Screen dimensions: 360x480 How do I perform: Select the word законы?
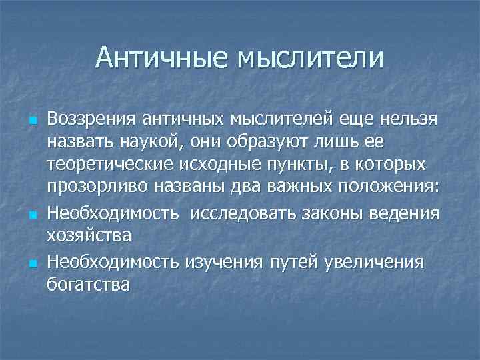coord(337,213)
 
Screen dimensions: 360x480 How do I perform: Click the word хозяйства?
coord(89,237)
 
